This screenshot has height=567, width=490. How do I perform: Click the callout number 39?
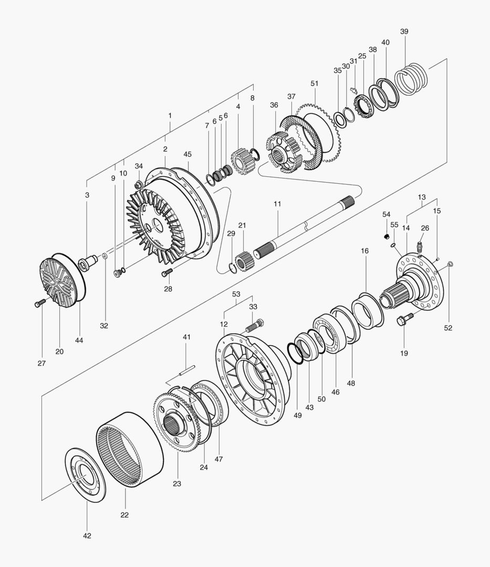(x=404, y=31)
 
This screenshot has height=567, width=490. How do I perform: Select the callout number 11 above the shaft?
(x=277, y=203)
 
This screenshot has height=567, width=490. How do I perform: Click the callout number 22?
(x=124, y=514)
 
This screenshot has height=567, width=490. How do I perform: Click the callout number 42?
(x=87, y=535)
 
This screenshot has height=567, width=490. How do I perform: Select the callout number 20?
(x=59, y=351)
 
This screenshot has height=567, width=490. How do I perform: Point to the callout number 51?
(x=315, y=83)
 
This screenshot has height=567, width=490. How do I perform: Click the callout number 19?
(x=404, y=353)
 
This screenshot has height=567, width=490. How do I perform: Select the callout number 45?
(x=187, y=154)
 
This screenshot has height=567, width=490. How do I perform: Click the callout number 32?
(x=104, y=325)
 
